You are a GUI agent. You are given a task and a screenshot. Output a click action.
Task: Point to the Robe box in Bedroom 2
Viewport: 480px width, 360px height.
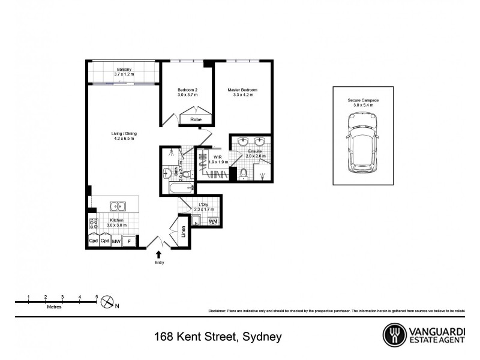[x=196, y=120]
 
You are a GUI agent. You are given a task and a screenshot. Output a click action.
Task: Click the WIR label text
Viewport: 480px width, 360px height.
[x=218, y=157]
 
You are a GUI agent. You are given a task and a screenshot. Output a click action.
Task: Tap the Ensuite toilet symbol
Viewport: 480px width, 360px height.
[x=244, y=175]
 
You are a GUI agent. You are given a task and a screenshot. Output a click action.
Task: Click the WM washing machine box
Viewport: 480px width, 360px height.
[x=213, y=221]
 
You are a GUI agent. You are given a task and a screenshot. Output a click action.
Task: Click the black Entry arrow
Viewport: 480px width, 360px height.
[x=158, y=254]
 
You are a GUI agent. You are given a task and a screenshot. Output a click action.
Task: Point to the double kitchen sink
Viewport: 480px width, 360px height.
[x=118, y=207]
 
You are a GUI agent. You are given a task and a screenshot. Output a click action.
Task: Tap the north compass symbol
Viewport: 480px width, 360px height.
[x=107, y=302]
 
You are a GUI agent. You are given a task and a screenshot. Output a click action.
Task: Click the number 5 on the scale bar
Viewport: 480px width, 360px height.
[x=97, y=297]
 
